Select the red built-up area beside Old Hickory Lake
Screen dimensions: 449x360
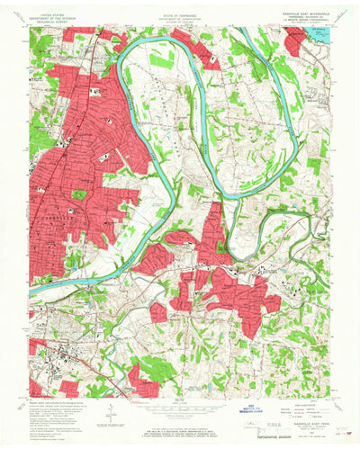296,40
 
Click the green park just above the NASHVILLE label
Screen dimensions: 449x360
79,194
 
